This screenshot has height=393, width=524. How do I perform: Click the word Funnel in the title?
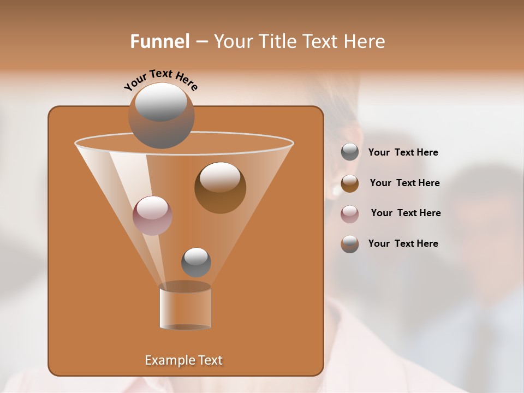pyautogui.click(x=159, y=41)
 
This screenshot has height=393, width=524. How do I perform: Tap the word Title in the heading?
pyautogui.click(x=276, y=41)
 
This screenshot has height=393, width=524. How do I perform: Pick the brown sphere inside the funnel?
pyautogui.click(x=220, y=188)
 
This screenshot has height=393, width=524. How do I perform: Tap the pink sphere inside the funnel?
pyautogui.click(x=152, y=216)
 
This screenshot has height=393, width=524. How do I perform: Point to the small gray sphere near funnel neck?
pyautogui.click(x=196, y=262)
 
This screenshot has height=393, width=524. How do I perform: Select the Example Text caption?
pyautogui.click(x=183, y=360)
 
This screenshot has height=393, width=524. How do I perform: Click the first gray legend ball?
pyautogui.click(x=350, y=152)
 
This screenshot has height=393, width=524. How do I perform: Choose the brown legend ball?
pyautogui.click(x=350, y=183)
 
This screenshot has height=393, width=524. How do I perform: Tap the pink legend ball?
pyautogui.click(x=350, y=213)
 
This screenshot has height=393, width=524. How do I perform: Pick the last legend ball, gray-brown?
pyautogui.click(x=350, y=244)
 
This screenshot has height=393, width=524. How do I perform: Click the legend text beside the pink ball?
pyautogui.click(x=406, y=213)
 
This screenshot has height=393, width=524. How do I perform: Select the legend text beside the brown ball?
pyautogui.click(x=404, y=183)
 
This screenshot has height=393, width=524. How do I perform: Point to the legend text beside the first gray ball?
pyautogui.click(x=403, y=152)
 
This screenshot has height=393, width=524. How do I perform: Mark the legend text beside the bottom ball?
pyautogui.click(x=403, y=243)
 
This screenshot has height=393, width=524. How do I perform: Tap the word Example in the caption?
pyautogui.click(x=165, y=360)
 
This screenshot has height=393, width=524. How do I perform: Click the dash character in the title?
pyautogui.click(x=201, y=42)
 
